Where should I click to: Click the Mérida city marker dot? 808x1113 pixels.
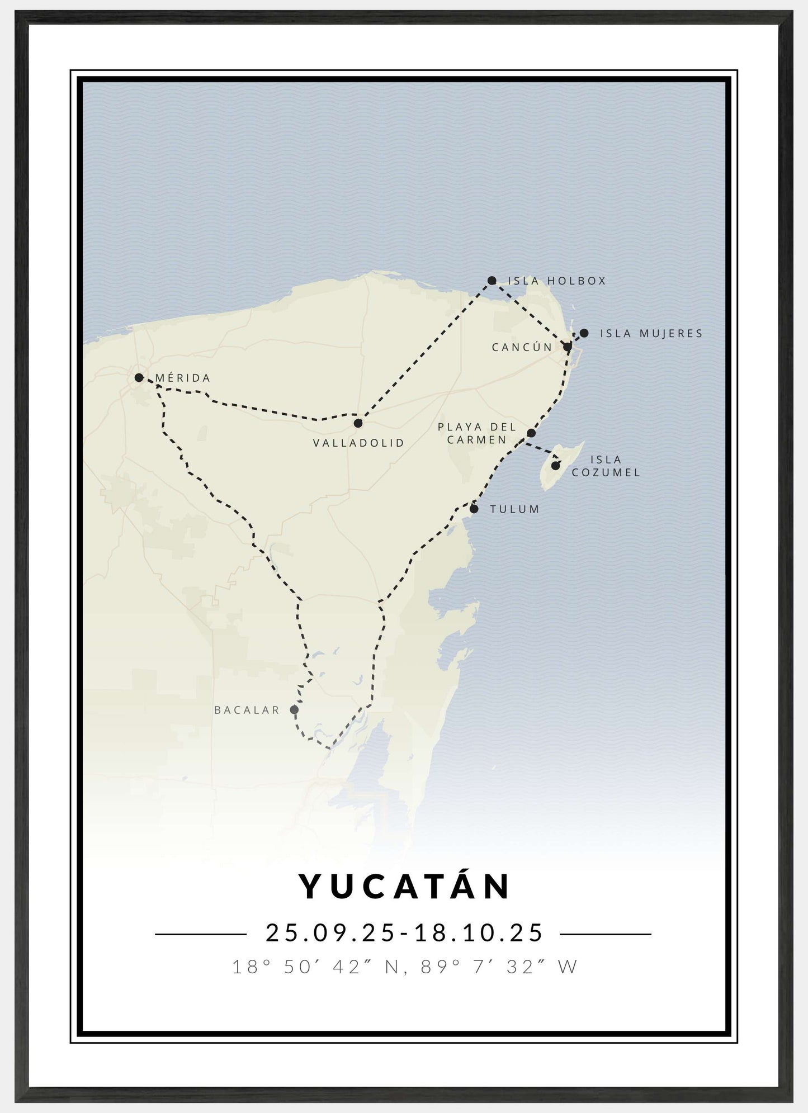[x=139, y=378]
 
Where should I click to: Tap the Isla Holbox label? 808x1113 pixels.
[x=557, y=281]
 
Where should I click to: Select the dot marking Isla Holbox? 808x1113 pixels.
[x=492, y=281]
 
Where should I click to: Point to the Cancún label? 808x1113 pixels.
[x=522, y=347]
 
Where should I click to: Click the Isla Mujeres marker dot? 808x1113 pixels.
[x=584, y=333]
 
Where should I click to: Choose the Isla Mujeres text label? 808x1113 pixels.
[x=651, y=334]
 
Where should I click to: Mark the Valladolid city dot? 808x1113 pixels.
[x=358, y=423]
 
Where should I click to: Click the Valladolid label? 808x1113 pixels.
[x=358, y=443]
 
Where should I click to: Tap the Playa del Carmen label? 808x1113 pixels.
[x=477, y=433]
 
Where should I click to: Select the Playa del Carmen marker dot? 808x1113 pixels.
[x=531, y=433]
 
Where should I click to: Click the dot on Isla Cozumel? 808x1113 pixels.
[x=555, y=465]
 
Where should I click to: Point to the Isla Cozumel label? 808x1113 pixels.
[x=606, y=466]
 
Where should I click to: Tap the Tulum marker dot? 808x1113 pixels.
[x=474, y=509]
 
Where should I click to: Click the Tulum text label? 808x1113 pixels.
[x=514, y=509]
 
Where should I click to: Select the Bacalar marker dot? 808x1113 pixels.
[x=294, y=710]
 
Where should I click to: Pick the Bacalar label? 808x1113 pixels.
[x=247, y=710]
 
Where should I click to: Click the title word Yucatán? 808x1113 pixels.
[x=405, y=886]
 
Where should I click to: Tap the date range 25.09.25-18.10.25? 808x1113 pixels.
[x=404, y=933]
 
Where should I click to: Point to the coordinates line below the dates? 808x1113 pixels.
[x=404, y=967]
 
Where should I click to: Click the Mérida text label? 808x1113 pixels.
[x=183, y=378]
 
